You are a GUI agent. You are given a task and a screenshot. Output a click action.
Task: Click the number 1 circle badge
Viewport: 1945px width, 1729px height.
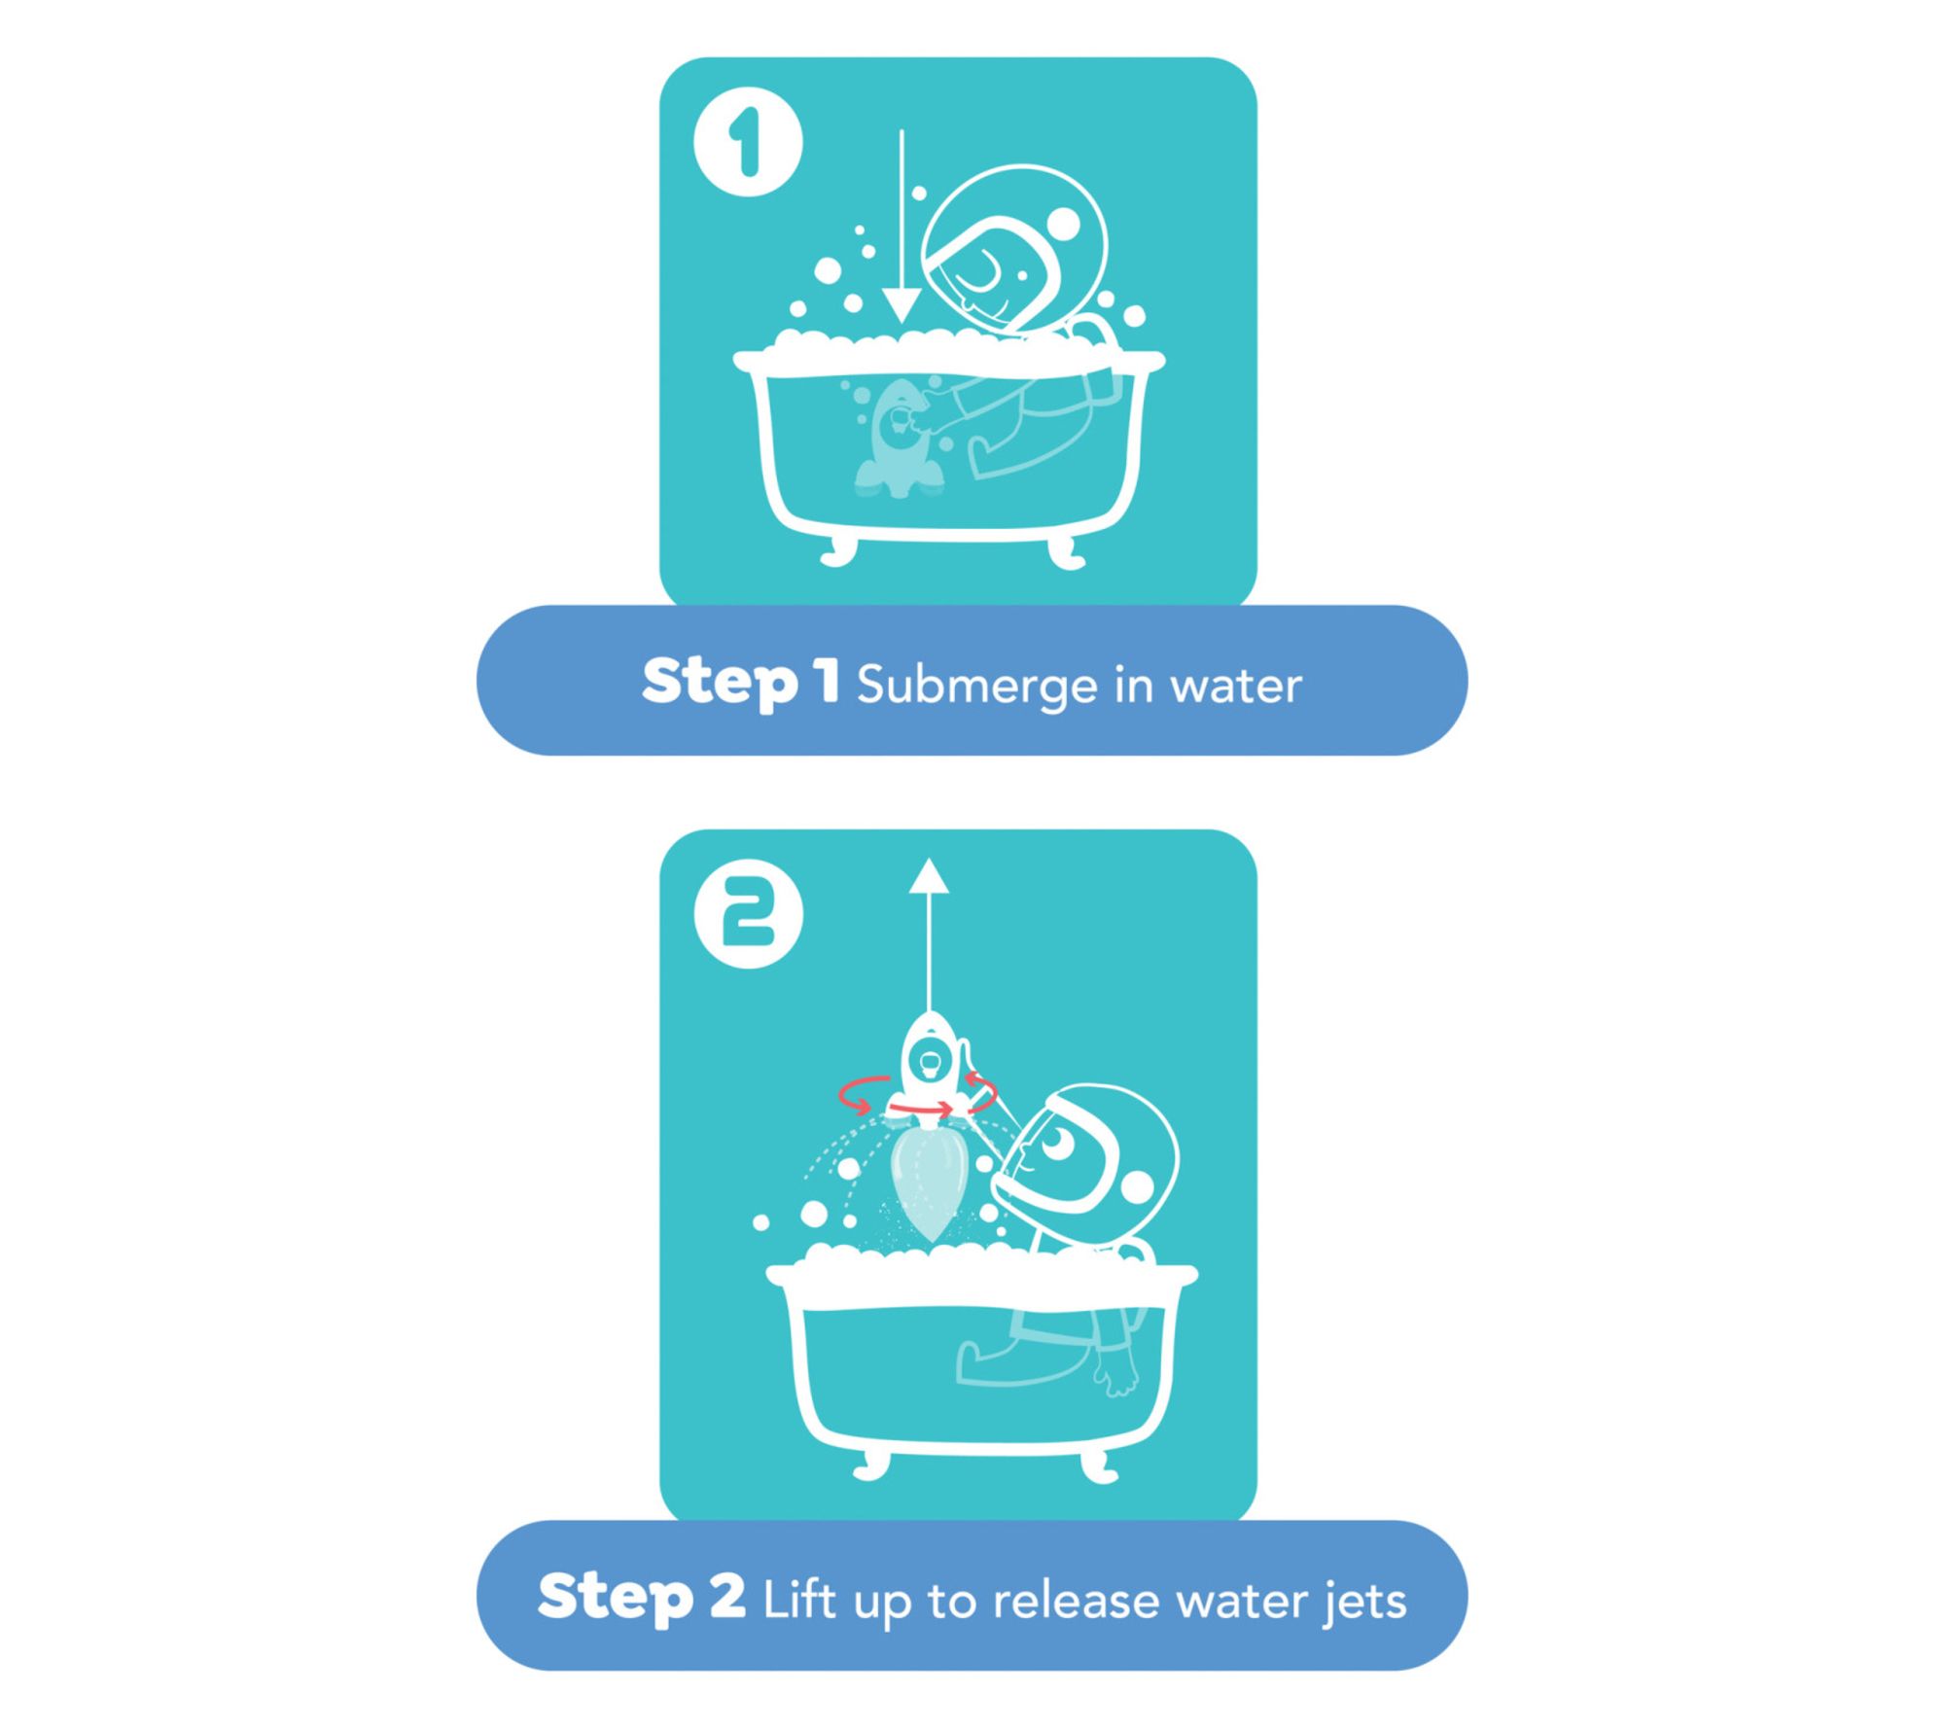point(748,142)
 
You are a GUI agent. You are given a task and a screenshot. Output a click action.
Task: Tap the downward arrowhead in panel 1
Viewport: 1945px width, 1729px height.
point(902,303)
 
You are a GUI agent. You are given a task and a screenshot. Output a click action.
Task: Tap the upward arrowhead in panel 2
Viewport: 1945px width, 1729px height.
point(930,875)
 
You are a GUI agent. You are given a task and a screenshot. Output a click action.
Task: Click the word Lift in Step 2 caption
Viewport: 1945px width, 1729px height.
point(799,1600)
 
